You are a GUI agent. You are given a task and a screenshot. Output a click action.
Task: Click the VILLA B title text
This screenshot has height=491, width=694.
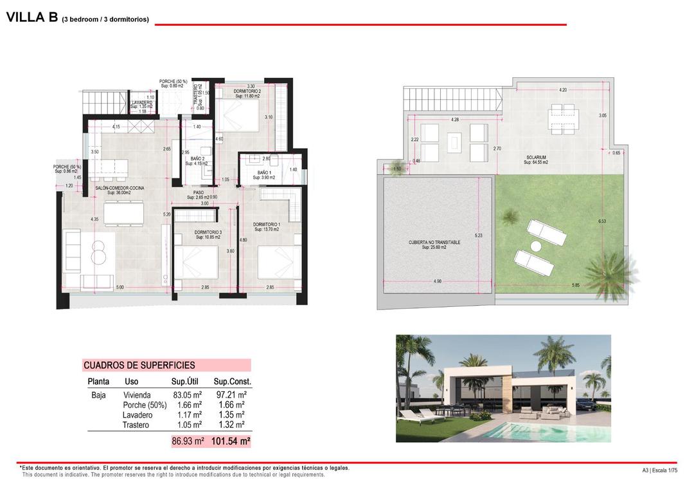tap(32, 18)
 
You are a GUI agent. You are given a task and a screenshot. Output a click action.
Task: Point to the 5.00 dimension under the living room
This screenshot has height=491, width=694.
tap(120, 287)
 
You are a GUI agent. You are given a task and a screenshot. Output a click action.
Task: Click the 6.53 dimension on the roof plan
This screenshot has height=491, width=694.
tap(602, 221)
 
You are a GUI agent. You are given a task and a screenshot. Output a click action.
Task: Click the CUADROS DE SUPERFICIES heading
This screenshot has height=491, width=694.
tap(139, 366)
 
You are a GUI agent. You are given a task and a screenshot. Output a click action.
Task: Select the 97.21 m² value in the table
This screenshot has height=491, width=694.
tap(231, 395)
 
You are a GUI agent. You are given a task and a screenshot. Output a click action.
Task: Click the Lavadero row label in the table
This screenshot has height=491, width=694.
tap(138, 415)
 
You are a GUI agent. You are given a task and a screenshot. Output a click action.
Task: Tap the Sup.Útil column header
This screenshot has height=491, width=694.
tap(187, 382)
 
